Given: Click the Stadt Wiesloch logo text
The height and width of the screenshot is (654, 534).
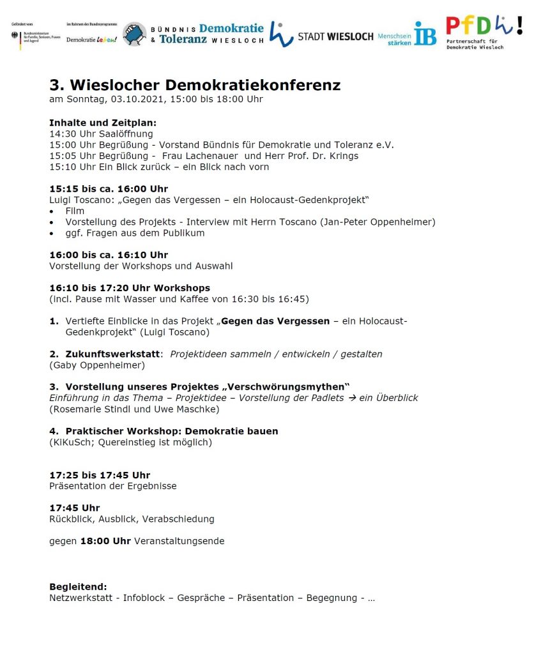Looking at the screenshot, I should (x=335, y=36).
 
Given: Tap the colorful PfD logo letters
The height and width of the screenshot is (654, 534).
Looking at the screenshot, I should (x=479, y=26).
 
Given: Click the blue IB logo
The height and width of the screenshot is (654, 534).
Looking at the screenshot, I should (x=425, y=33).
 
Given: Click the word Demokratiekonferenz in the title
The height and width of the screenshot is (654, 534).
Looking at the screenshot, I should (x=253, y=85).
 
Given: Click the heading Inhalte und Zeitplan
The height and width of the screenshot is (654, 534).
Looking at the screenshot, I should (x=103, y=123).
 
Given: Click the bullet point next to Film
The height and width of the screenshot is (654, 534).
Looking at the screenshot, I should (x=52, y=211).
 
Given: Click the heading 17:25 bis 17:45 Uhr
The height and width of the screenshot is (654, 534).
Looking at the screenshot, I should (x=100, y=475).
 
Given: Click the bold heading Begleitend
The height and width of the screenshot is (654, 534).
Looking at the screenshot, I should (x=78, y=587).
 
